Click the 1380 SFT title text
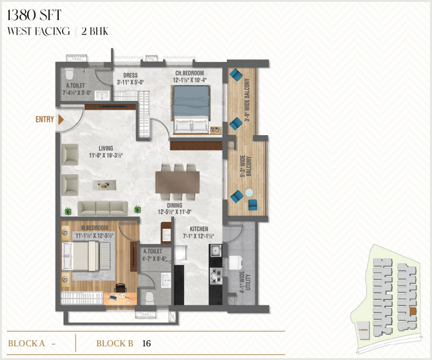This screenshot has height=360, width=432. (34, 15)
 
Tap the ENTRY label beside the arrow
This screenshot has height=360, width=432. (45, 119)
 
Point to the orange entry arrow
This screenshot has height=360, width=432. (61, 120)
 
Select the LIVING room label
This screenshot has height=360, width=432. (106, 148)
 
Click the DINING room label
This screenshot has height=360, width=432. (174, 205)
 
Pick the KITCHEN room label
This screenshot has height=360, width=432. (199, 229)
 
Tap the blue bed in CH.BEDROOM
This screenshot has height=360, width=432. (191, 110)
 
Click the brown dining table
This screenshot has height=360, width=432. (177, 182)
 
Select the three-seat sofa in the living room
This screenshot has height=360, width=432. (103, 208)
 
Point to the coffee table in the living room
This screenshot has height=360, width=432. (104, 185)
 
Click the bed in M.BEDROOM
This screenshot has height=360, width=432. (80, 257)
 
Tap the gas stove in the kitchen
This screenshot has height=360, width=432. (216, 276)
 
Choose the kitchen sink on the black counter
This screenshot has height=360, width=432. (216, 251)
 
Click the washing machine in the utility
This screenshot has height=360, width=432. (236, 263)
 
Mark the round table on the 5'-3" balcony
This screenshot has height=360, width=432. (249, 193)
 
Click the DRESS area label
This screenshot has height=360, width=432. (131, 75)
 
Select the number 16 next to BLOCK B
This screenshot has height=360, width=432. (146, 343)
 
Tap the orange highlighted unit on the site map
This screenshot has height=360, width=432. (412, 311)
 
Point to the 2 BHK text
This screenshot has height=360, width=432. (95, 32)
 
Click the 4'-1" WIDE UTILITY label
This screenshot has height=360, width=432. (245, 282)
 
